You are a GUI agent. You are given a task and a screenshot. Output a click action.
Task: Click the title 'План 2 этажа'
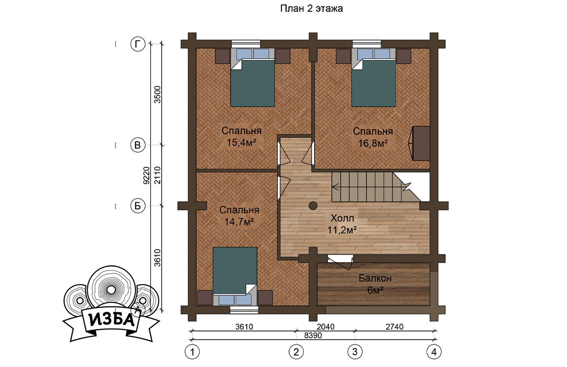click(x=311, y=9)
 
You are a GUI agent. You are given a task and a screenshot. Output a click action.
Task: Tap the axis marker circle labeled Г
click(x=138, y=44)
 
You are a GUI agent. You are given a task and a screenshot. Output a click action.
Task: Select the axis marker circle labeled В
click(x=138, y=145)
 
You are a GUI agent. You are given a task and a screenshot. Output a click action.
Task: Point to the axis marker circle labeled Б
click(x=138, y=206)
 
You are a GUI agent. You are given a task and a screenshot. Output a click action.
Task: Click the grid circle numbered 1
click(x=192, y=352)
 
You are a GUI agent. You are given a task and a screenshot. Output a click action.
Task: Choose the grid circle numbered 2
click(x=296, y=352)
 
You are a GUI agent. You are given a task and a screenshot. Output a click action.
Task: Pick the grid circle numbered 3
click(x=355, y=352)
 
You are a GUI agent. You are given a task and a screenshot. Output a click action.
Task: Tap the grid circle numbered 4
click(x=434, y=352)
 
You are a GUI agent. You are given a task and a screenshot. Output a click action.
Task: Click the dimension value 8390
click(x=313, y=335)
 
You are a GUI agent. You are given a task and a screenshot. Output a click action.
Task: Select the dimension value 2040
click(x=326, y=327)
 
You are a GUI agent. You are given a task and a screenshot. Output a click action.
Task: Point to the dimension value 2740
click(x=395, y=327)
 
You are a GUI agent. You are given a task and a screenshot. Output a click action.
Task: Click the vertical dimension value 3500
click(x=158, y=95)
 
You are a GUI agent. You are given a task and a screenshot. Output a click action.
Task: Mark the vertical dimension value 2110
click(x=158, y=175)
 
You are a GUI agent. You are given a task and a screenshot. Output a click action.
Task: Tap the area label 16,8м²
click(x=373, y=143)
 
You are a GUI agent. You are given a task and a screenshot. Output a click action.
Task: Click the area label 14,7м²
click(x=239, y=222)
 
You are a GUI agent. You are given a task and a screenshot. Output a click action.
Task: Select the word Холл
click(x=342, y=218)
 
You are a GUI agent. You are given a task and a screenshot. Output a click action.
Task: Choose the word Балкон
click(x=375, y=278)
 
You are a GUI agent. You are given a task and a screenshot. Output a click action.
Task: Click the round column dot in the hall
click(x=313, y=206)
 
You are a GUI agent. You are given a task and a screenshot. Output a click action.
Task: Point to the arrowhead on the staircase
click(x=335, y=187)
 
